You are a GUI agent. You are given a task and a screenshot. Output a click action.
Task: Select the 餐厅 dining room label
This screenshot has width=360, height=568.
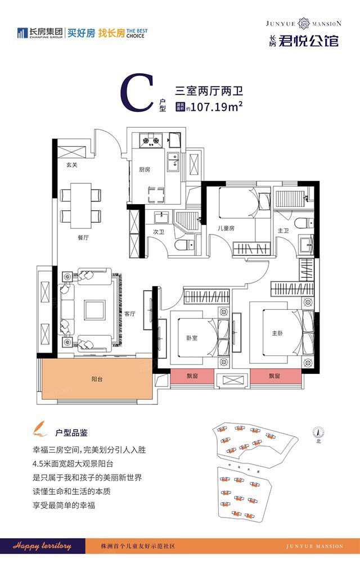click(84, 238)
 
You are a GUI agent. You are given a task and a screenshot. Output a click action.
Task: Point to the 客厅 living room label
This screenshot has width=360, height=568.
click(130, 314)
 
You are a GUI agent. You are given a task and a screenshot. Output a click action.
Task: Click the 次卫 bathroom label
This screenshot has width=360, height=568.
click(158, 231)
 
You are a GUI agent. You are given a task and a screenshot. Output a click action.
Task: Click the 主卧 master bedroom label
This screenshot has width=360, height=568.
click(277, 333)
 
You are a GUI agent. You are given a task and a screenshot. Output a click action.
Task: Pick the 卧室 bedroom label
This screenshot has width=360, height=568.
click(192, 339)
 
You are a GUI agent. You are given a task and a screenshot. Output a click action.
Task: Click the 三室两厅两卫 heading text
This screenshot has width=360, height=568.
click(205, 89)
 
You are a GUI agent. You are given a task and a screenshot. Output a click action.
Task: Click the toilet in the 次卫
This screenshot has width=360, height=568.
click(184, 245)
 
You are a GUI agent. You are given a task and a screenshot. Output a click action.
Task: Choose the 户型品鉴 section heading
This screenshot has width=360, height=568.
click(71, 433)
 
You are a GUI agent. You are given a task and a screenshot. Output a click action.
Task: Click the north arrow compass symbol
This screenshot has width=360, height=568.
click(318, 434)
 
